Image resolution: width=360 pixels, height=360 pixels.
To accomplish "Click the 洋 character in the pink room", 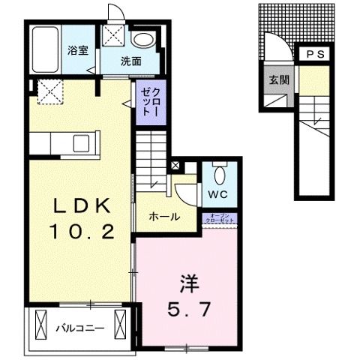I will click(x=187, y=283).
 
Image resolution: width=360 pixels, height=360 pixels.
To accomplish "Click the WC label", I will click(x=218, y=194).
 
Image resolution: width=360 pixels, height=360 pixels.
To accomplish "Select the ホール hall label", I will click(x=164, y=217).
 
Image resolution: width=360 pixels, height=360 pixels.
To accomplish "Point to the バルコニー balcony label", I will click(x=78, y=328).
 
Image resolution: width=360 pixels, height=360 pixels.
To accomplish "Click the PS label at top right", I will click(x=314, y=54).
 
